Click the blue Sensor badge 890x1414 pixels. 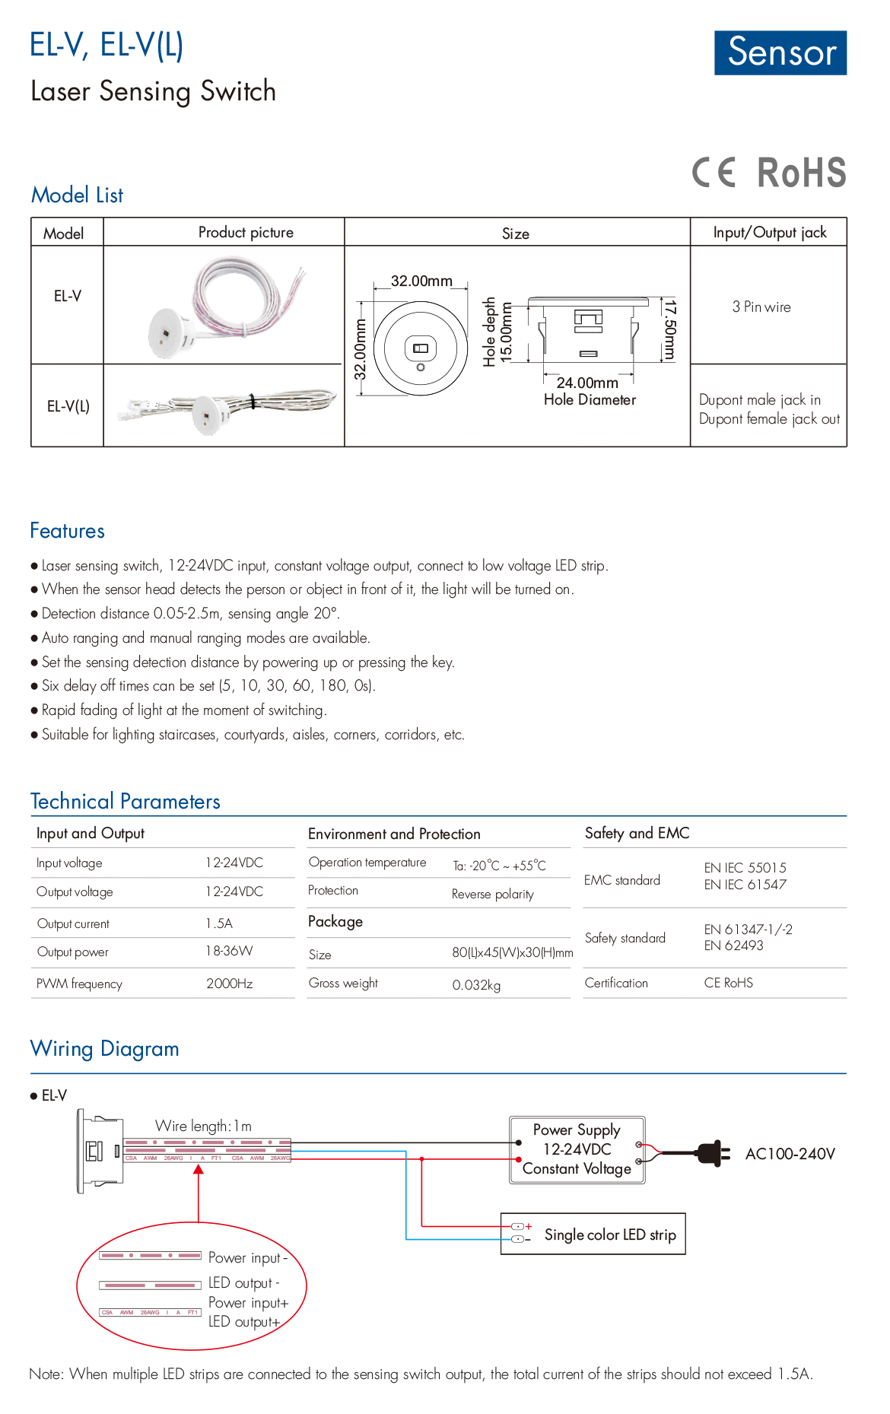click(x=780, y=52)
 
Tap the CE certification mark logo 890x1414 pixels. click(x=714, y=173)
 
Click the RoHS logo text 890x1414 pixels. click(x=801, y=173)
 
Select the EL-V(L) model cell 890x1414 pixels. click(x=68, y=406)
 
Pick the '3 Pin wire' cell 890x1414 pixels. click(x=761, y=307)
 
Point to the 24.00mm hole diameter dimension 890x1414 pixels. click(x=587, y=383)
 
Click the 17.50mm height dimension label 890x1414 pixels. click(x=669, y=329)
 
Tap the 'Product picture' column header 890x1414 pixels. click(x=246, y=232)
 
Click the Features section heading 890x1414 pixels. click(x=67, y=531)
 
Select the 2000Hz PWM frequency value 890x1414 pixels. click(x=230, y=983)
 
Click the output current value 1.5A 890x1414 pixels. click(x=219, y=923)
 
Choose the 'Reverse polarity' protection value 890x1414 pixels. click(x=493, y=894)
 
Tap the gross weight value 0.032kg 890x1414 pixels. click(x=476, y=985)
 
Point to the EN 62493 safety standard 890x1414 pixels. click(x=733, y=945)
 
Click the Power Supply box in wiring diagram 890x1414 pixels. click(x=577, y=1149)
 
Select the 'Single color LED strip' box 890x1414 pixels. click(x=593, y=1234)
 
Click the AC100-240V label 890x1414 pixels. click(x=790, y=1154)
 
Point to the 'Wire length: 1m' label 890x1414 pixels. click(x=203, y=1126)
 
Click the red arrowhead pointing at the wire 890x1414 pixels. click(x=199, y=1170)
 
